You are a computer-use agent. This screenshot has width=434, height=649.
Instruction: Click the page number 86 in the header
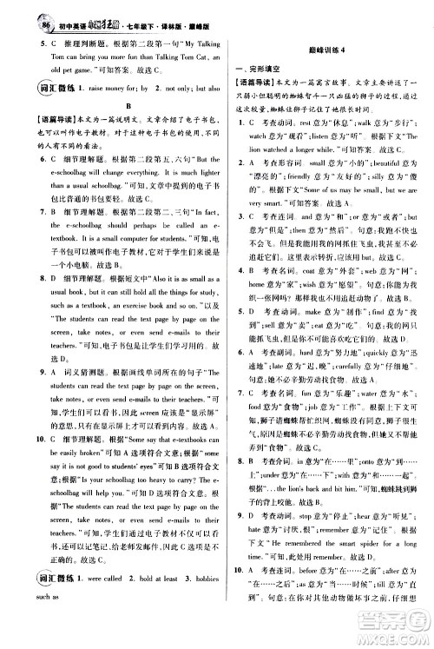[21, 10]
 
